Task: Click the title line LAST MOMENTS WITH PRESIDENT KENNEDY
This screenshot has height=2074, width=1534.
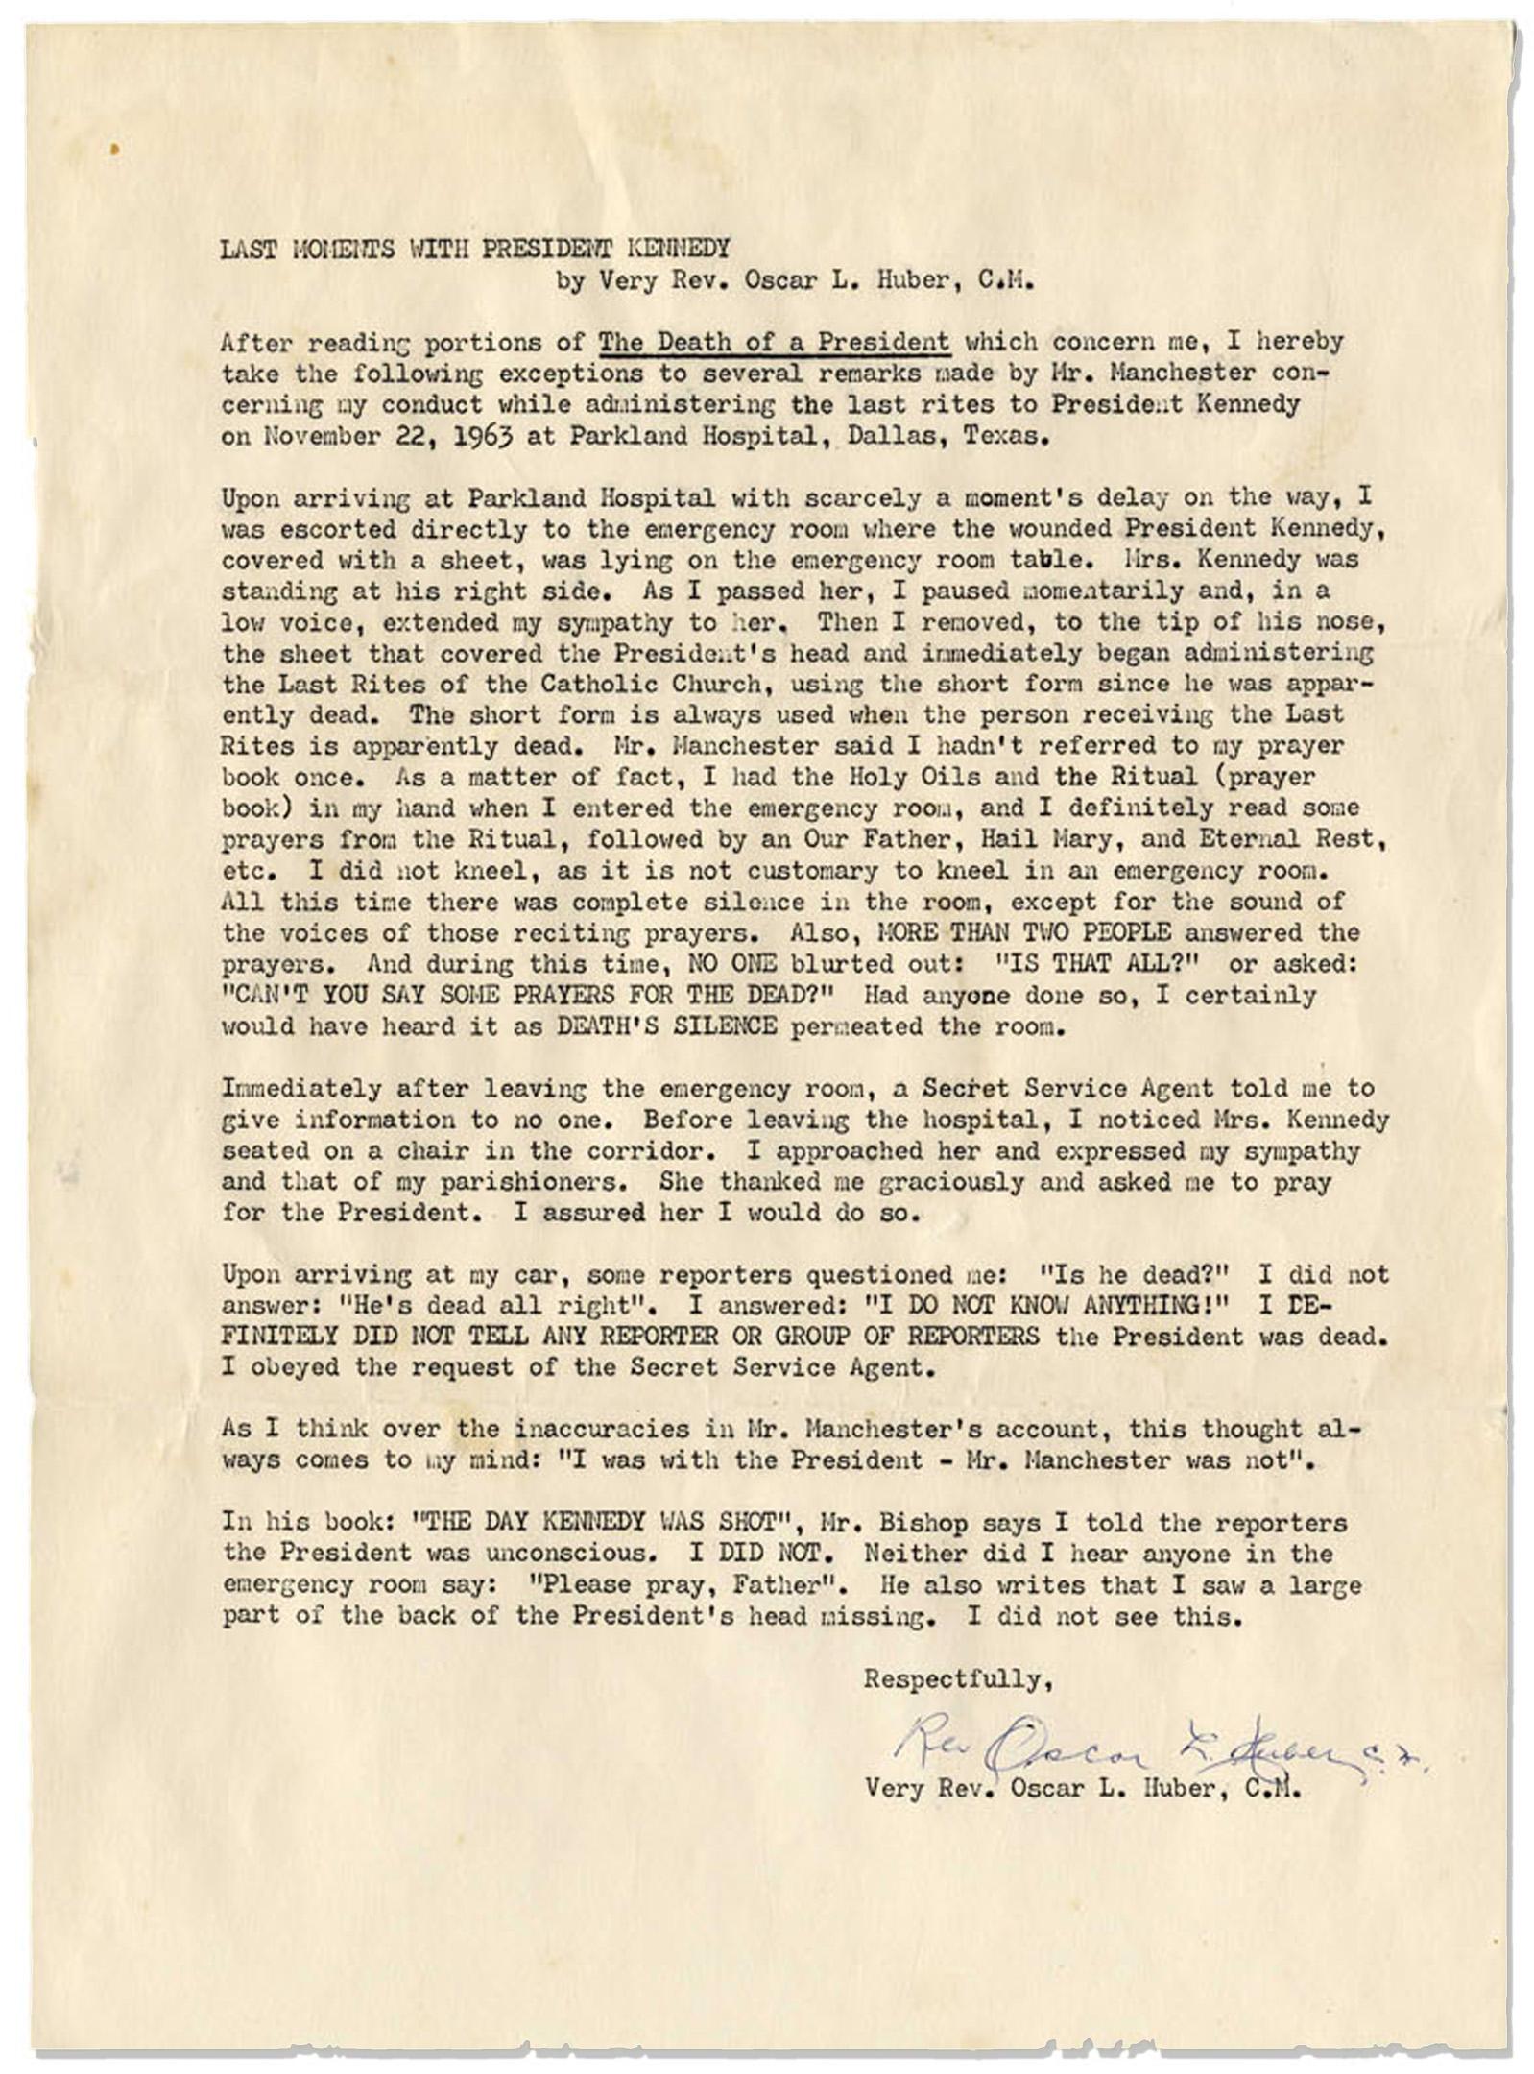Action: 475,250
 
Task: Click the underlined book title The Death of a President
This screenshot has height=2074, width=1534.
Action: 775,342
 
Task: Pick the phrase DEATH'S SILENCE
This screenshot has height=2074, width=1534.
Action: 667,1025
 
